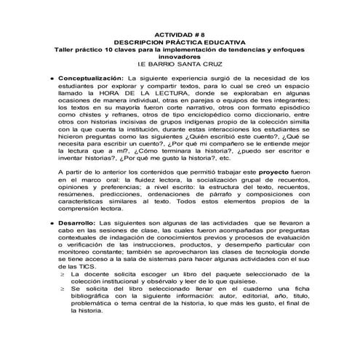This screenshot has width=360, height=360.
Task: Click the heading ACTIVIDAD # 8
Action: [180, 34]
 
